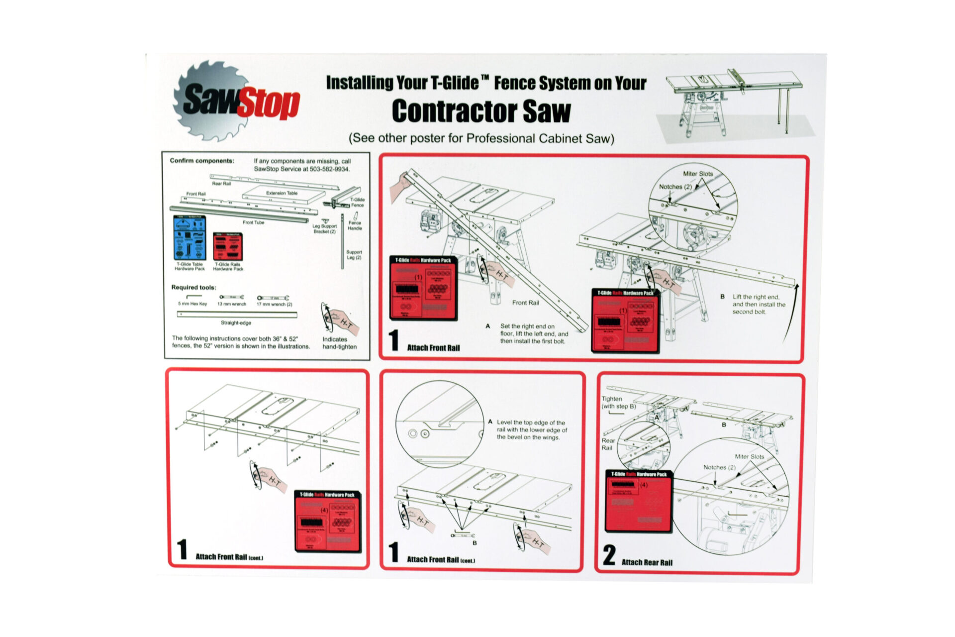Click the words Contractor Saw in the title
pos(481,111)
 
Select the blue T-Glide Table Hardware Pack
pos(189,237)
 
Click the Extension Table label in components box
pos(282,193)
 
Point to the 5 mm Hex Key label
pos(192,304)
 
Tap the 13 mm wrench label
pos(231,304)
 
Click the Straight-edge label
pos(236,322)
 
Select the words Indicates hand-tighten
pos(339,343)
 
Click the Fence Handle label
pos(355,225)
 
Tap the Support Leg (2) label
pos(354,255)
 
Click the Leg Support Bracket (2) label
pos(324,228)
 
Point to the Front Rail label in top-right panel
pos(525,303)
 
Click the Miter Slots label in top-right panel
pos(697,174)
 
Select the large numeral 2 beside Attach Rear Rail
pos(609,555)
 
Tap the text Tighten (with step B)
pos(618,403)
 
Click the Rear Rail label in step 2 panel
pos(608,444)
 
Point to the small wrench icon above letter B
pos(462,535)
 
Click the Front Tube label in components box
pos(253,222)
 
